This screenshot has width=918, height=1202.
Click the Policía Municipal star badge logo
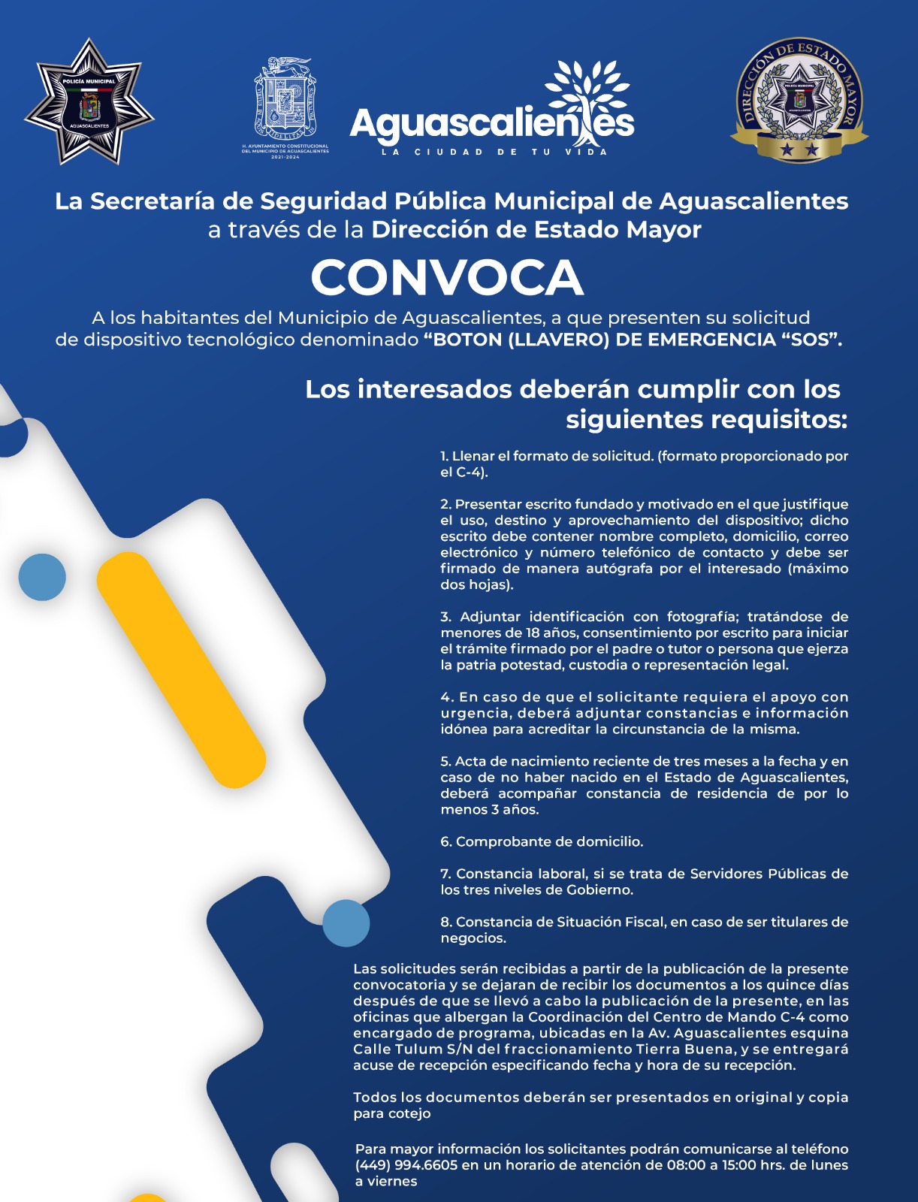(89, 101)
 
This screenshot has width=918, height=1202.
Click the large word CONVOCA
(447, 277)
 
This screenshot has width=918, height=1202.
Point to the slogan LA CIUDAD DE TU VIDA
(494, 152)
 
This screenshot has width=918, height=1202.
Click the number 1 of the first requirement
(444, 456)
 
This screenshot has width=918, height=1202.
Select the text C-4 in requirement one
(470, 473)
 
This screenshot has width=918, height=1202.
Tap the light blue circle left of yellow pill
(42, 577)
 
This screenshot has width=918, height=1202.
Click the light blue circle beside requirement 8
(346, 923)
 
